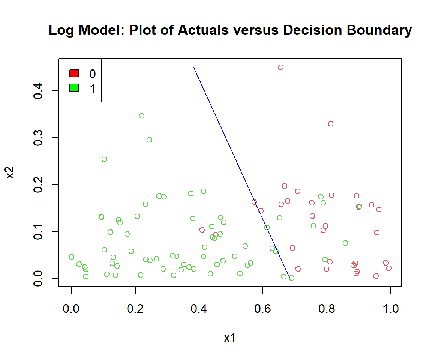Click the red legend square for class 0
(74, 73)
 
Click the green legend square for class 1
(74, 88)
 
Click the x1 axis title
(230, 338)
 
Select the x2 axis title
(11, 172)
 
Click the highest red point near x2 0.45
(280, 67)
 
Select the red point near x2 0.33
(330, 124)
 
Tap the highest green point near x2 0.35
(141, 116)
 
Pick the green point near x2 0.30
(149, 140)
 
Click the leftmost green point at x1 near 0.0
(72, 257)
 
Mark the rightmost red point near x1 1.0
(388, 268)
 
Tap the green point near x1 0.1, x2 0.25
(104, 159)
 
